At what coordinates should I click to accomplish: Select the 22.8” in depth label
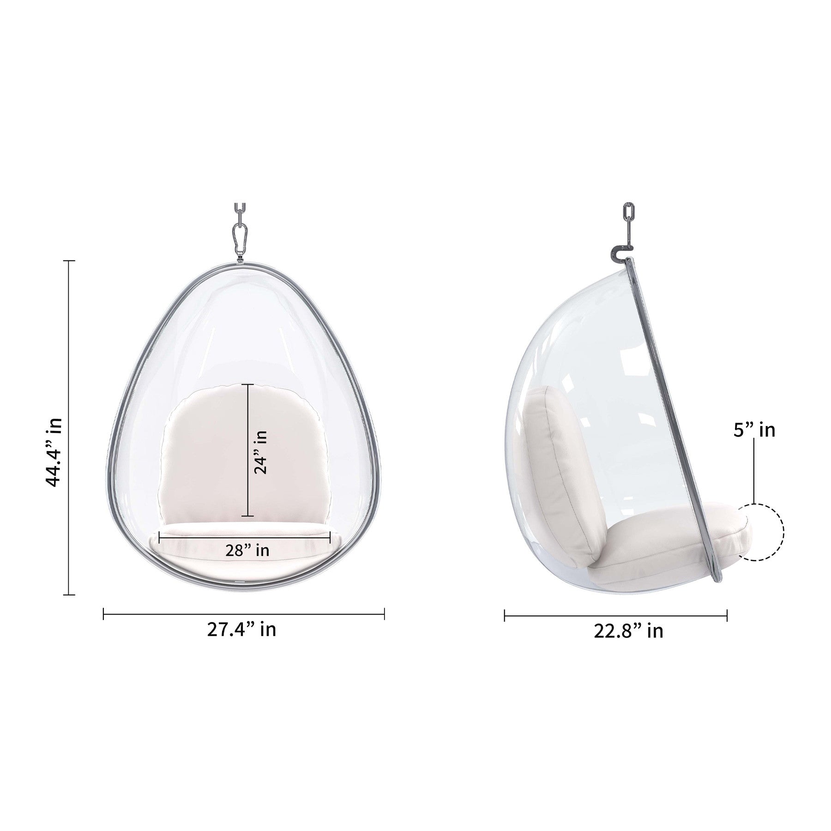(628, 631)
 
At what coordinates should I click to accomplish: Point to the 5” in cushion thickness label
(754, 430)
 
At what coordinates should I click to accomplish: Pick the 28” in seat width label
(247, 550)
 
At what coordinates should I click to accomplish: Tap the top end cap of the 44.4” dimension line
(69, 261)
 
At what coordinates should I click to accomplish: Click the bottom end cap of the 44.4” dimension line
(69, 595)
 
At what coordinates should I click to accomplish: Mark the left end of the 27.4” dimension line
(104, 614)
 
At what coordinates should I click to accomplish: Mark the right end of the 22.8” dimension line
(727, 615)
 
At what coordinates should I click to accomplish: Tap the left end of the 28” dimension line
(159, 536)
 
